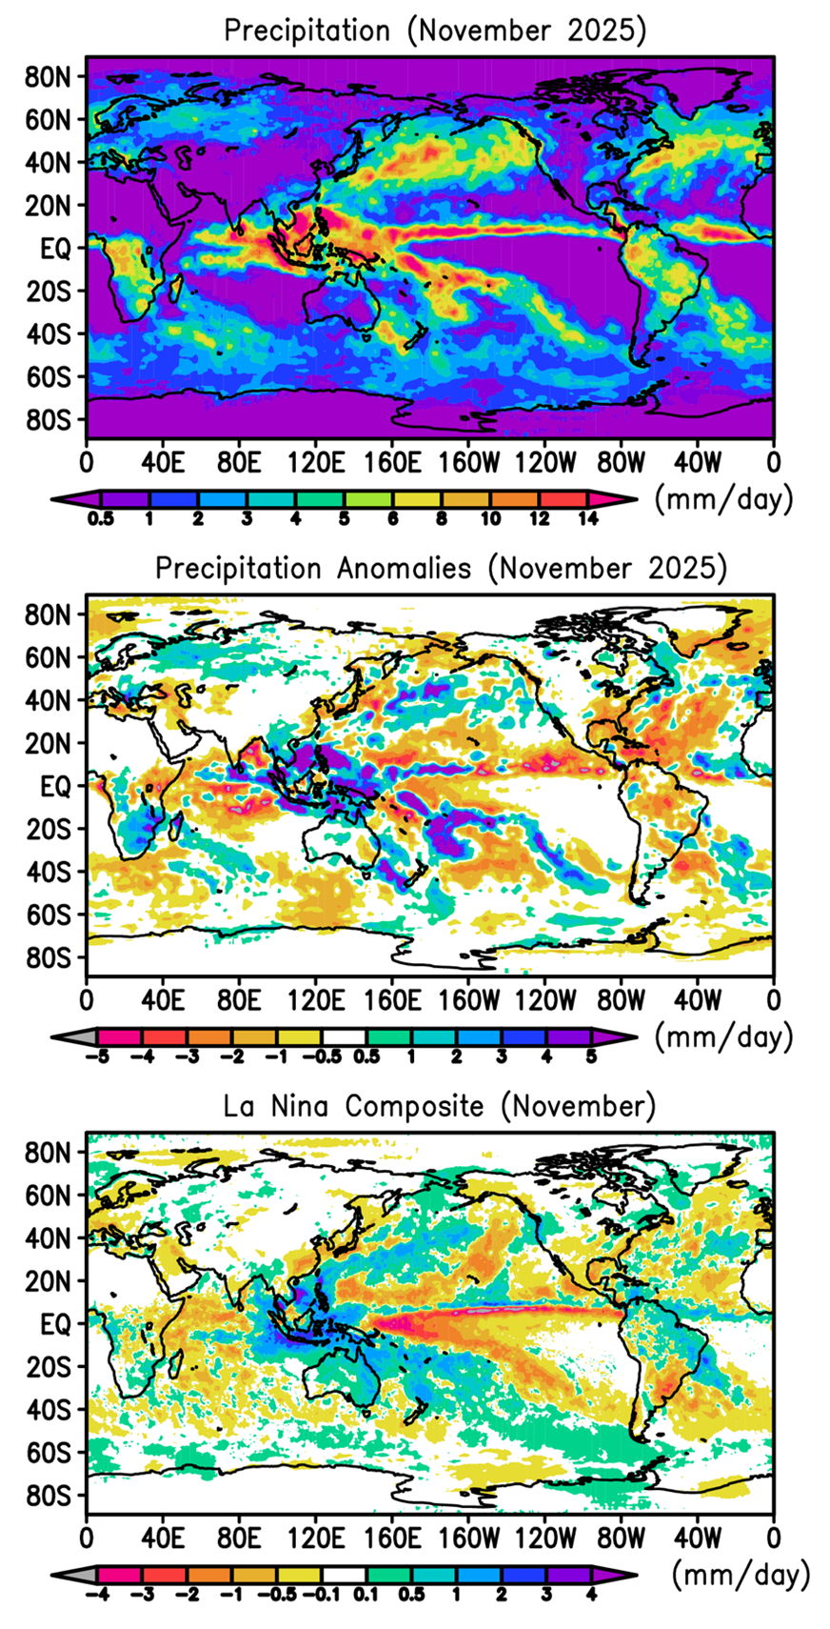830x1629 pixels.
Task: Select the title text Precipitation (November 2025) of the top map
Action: pos(435,30)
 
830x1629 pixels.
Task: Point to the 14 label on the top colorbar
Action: pos(588,519)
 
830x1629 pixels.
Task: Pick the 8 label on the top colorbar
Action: pos(441,519)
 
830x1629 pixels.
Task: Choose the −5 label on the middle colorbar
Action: pos(92,1056)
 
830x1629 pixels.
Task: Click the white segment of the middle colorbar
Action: pos(345,1036)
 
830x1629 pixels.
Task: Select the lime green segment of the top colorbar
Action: pos(367,498)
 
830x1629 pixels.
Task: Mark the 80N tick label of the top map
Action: pos(48,77)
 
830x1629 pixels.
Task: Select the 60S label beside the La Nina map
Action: pos(48,1454)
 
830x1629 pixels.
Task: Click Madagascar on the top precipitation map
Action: pos(175,287)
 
